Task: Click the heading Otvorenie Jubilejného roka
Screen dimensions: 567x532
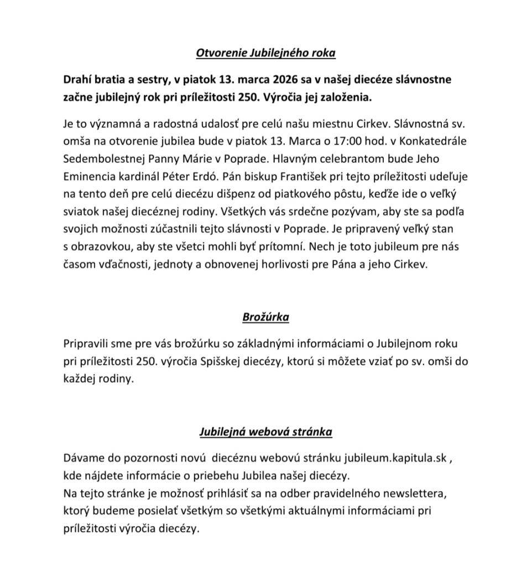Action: tap(266, 53)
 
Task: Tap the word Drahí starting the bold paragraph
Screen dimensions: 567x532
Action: tap(78, 79)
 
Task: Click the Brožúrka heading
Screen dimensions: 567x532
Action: tap(265, 317)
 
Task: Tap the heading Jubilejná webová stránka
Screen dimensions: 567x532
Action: tap(265, 431)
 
